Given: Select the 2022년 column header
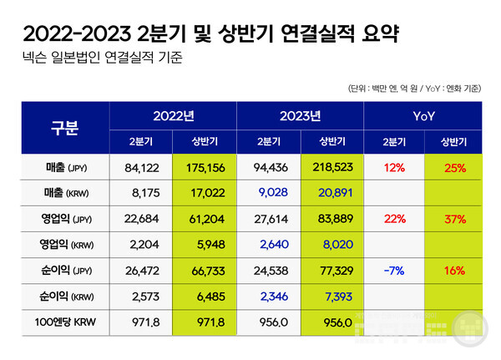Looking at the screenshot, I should pos(173,115).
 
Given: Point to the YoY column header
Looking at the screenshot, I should pos(428,115).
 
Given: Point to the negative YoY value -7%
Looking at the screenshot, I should pos(395,272).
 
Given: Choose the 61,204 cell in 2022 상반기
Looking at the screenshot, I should pos(205,221).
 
